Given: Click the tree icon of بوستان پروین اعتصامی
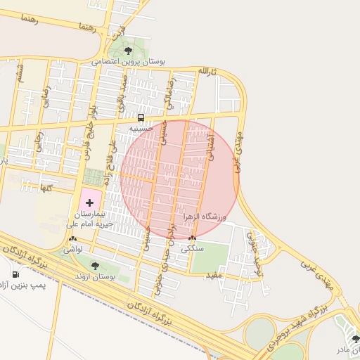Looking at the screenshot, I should click(x=127, y=51).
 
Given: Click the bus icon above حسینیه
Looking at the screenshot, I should click(x=141, y=117).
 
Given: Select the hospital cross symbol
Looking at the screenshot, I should click(x=89, y=202).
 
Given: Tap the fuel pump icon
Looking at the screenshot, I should click(x=15, y=274).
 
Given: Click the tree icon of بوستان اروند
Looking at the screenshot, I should click(x=95, y=266).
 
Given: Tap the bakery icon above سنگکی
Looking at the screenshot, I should click(x=193, y=238).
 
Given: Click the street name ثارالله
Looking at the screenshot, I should click(x=204, y=72).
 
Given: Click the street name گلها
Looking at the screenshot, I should click(x=47, y=188).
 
